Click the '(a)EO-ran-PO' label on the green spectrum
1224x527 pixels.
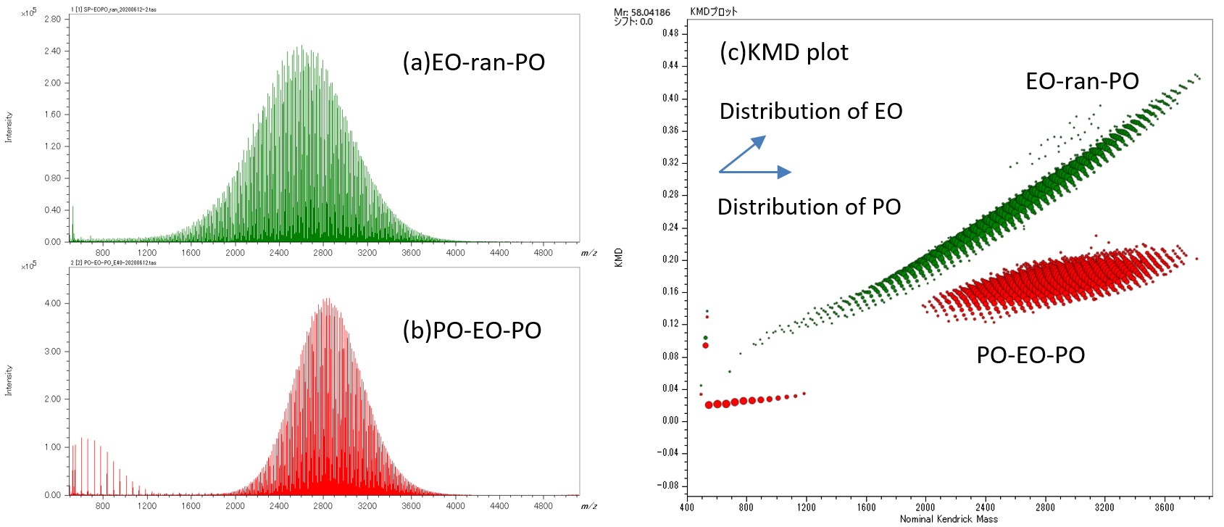click(473, 62)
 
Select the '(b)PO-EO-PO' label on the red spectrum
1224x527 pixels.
click(472, 331)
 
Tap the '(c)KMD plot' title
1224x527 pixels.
click(783, 52)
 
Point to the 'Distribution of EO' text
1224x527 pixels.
click(810, 111)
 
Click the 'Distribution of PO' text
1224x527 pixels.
click(809, 207)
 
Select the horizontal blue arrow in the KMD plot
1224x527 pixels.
click(755, 172)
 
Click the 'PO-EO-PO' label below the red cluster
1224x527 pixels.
click(1030, 355)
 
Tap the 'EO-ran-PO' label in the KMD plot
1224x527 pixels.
click(1081, 81)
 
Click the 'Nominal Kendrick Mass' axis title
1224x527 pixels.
click(948, 519)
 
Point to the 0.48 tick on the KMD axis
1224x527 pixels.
click(670, 33)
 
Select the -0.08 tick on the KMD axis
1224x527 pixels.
click(668, 485)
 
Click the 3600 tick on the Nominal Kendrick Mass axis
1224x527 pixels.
click(1164, 507)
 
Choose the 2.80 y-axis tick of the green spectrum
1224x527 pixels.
click(52, 20)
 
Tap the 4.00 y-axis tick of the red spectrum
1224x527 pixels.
click(52, 304)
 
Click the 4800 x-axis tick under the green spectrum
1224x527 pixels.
click(543, 253)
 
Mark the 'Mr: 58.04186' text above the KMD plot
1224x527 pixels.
click(641, 12)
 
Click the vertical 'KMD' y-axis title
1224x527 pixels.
click(618, 257)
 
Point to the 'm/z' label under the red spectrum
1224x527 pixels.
click(588, 506)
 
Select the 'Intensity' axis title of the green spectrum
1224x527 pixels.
click(9, 127)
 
